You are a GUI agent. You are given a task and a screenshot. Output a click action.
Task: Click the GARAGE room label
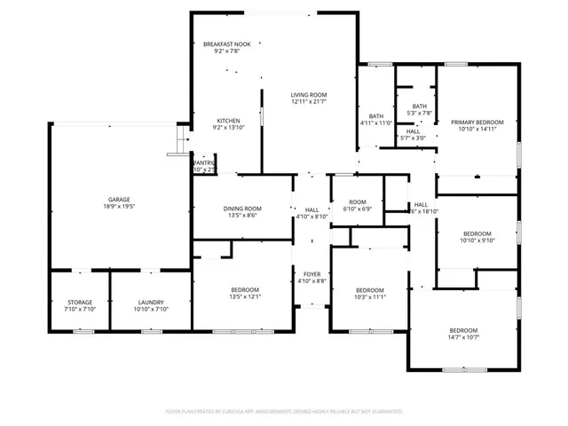click(x=120, y=199)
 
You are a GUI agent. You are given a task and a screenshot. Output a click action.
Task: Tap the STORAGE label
click(x=80, y=302)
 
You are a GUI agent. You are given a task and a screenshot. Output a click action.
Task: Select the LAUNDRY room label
click(x=150, y=302)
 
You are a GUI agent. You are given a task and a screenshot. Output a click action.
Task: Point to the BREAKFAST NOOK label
click(x=226, y=44)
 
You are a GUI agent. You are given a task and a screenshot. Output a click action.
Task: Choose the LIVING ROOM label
click(x=310, y=94)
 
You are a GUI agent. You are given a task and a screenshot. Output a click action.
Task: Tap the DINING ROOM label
click(x=241, y=208)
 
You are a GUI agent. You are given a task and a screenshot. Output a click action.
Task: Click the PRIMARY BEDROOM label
click(x=477, y=122)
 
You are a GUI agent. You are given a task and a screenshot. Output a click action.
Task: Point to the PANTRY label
click(x=204, y=162)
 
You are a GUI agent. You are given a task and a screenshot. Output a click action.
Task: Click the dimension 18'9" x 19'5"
click(x=120, y=207)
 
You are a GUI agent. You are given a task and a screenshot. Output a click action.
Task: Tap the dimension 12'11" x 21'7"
click(x=310, y=102)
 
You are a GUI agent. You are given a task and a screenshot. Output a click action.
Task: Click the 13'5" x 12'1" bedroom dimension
click(x=244, y=297)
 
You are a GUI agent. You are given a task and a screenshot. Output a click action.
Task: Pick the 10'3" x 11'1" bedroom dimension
click(x=370, y=297)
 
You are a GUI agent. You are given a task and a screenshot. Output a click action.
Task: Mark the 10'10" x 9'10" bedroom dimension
click(x=477, y=240)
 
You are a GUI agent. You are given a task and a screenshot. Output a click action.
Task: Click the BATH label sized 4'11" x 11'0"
click(x=376, y=115)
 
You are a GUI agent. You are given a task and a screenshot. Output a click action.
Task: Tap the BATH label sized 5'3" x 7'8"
click(x=419, y=106)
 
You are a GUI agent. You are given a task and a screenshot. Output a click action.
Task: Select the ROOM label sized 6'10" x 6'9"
click(x=358, y=201)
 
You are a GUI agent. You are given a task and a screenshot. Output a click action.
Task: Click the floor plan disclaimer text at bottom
click(x=284, y=412)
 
